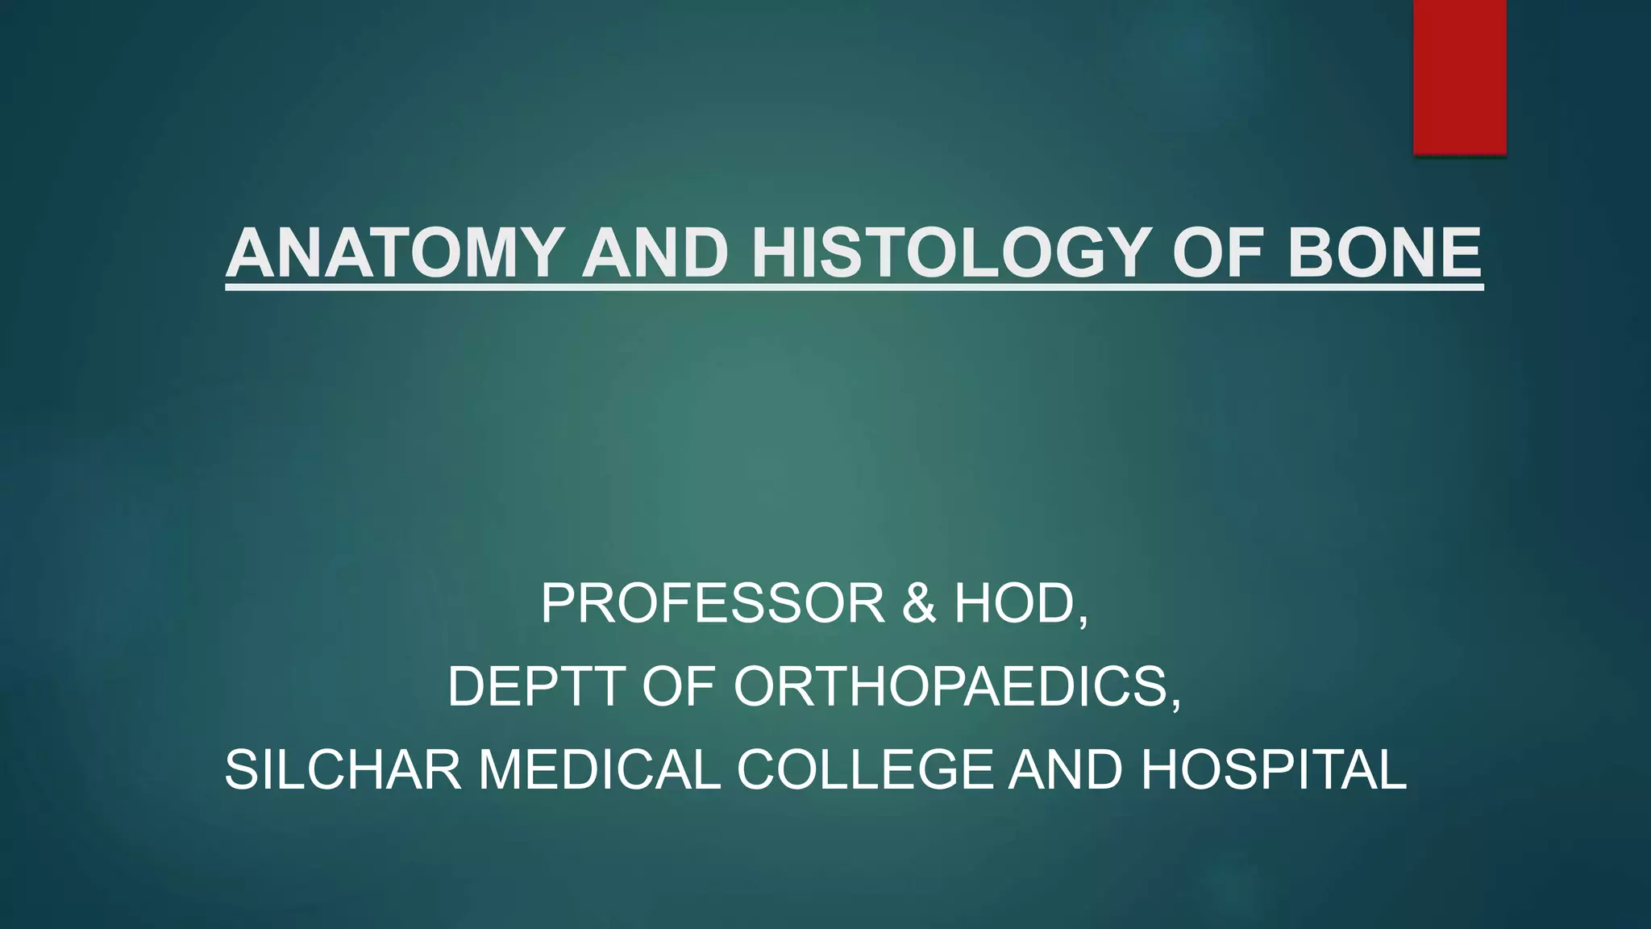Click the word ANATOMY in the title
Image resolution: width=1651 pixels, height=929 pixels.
tap(393, 253)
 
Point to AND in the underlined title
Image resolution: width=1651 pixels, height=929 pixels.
tap(655, 253)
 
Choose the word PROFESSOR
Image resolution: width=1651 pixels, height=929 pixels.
tap(713, 604)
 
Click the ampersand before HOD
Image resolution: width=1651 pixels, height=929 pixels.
tap(919, 604)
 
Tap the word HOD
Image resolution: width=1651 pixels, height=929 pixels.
tap(1013, 604)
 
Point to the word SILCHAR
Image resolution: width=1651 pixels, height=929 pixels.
tap(343, 770)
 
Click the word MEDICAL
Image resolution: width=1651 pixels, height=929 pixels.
tap(599, 770)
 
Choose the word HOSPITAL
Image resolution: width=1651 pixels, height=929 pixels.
tap(1274, 770)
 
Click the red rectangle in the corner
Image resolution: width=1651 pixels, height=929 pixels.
tap(1459, 77)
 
